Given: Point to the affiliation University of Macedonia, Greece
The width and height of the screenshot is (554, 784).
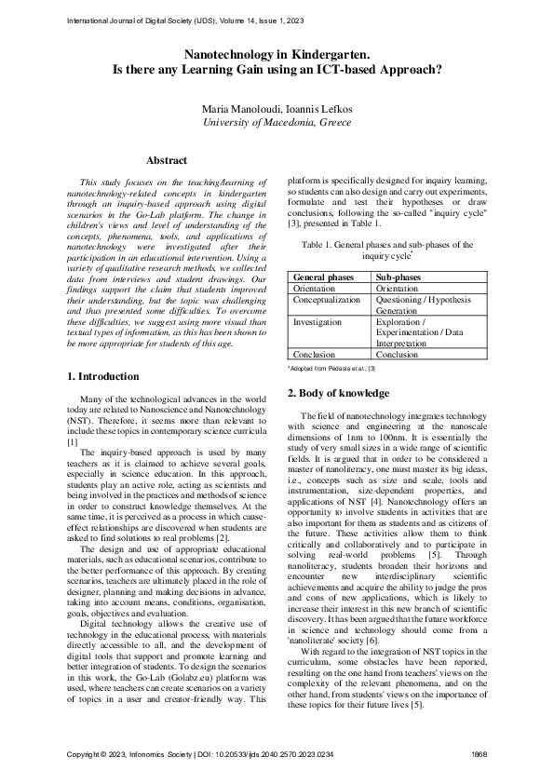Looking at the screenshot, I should pos(277,122).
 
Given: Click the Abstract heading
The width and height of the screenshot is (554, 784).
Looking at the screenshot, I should pos(167,161).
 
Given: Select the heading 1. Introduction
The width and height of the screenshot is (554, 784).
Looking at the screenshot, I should pos(104,376).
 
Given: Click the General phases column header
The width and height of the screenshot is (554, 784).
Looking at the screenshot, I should pos(323,277).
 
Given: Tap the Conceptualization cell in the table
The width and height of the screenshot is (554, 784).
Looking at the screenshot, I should pos(327,300).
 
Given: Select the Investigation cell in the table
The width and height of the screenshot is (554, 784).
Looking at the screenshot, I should pos(317,321).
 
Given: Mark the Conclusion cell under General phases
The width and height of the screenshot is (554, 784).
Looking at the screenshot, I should pos(314,354).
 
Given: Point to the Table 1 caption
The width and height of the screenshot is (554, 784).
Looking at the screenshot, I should pos(387,250).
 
